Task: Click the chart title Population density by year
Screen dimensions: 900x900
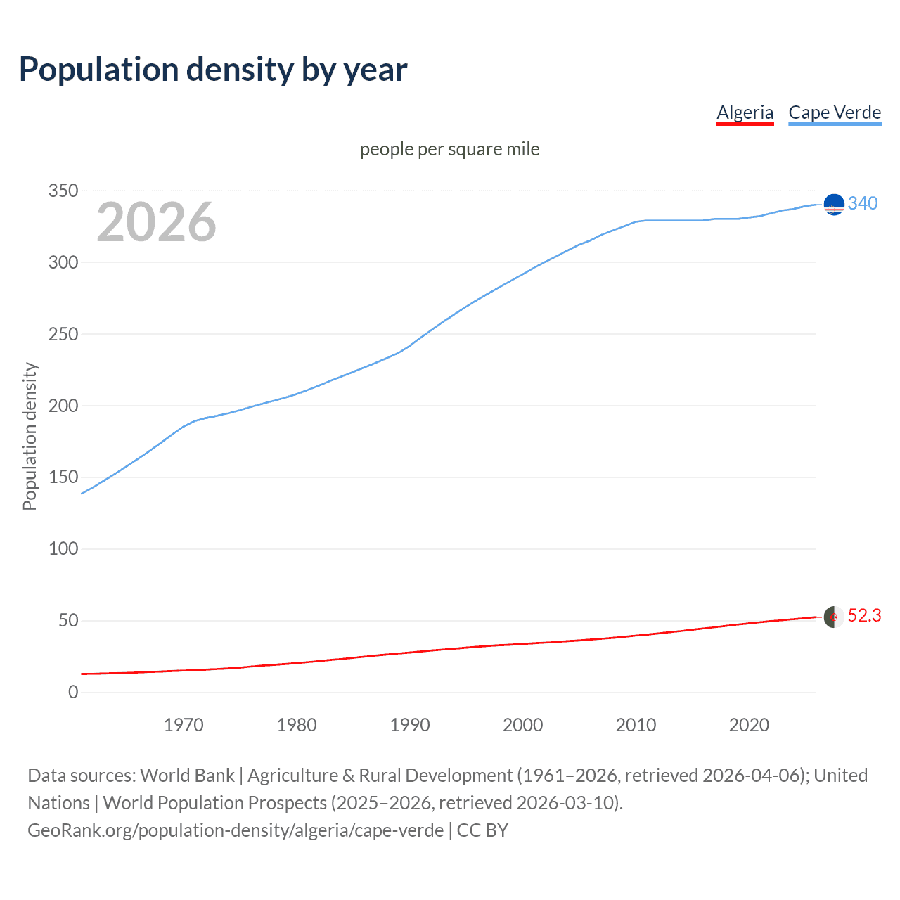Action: tap(213, 70)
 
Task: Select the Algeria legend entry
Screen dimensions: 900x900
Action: tap(745, 112)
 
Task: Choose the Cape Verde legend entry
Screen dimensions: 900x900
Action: tap(835, 112)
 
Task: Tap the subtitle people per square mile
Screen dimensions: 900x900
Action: tap(449, 149)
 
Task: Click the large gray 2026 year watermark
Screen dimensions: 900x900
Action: tap(156, 222)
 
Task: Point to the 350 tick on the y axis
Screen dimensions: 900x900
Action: tap(63, 191)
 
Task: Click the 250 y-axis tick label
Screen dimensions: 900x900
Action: tap(63, 335)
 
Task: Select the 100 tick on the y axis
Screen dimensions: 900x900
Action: tap(63, 549)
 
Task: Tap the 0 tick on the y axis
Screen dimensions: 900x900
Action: tap(73, 693)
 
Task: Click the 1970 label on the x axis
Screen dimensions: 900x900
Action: tap(184, 725)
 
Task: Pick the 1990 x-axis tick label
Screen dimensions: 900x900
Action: tap(410, 725)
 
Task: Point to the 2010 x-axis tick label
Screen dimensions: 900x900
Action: tap(636, 725)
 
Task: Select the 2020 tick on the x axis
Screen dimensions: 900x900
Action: tap(749, 725)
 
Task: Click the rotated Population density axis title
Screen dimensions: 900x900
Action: tap(30, 436)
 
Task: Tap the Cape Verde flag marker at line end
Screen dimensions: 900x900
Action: tap(834, 205)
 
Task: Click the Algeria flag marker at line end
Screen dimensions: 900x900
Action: tap(834, 617)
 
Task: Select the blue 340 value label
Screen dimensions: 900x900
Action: tap(863, 203)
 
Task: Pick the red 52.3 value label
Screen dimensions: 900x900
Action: tap(864, 616)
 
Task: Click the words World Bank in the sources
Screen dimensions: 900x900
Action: tap(187, 776)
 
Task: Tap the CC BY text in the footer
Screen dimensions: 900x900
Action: tap(482, 830)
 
